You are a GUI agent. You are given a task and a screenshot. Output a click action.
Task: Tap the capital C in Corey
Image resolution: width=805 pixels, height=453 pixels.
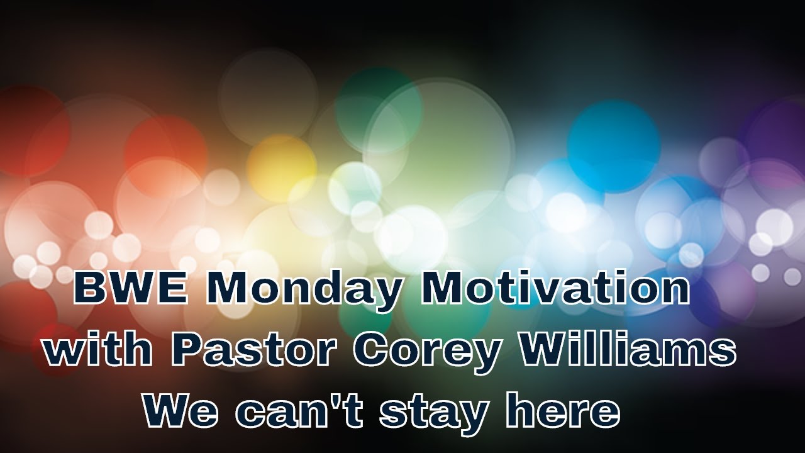click(372, 351)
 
